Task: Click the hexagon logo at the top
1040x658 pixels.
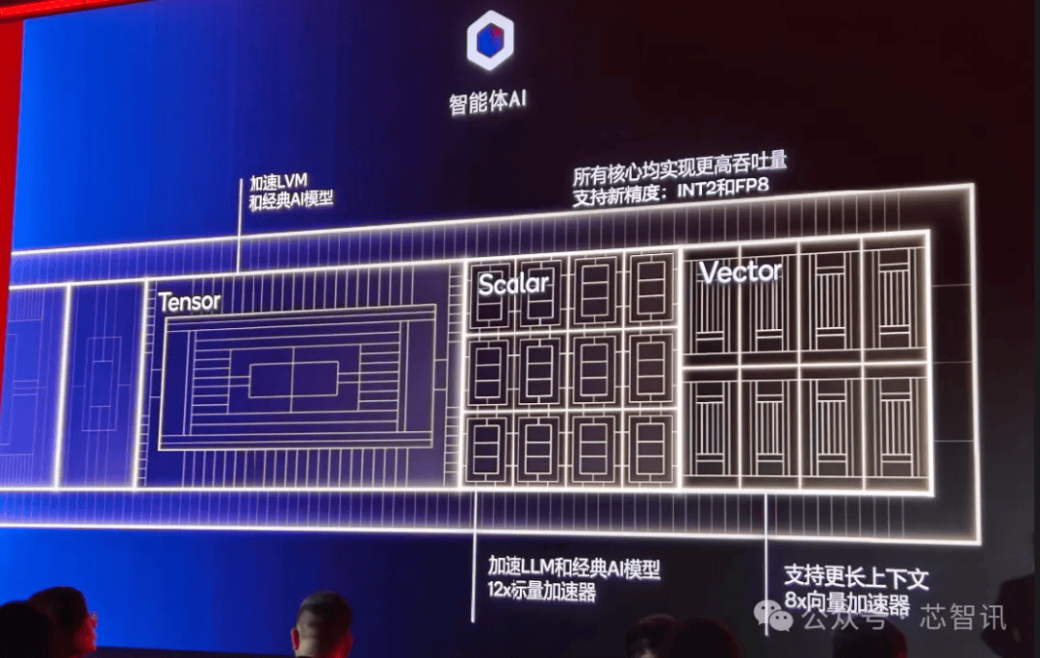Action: [490, 39]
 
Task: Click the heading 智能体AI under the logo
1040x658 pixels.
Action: [487, 101]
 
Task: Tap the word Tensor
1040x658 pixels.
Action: [190, 302]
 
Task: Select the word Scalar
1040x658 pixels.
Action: [513, 284]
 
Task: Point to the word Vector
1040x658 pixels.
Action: [741, 271]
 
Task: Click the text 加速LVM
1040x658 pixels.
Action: [278, 182]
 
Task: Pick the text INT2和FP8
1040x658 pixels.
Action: [723, 188]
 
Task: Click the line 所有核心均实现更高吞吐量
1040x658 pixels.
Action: [680, 168]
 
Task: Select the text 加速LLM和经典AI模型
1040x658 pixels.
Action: [574, 568]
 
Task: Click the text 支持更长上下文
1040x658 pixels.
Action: [856, 577]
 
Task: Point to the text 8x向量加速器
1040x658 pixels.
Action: [847, 603]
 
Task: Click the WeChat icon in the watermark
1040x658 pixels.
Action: [773, 617]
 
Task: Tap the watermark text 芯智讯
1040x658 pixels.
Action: [962, 618]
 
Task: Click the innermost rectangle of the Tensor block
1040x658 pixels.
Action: [293, 380]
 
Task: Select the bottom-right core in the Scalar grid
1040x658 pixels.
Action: [651, 449]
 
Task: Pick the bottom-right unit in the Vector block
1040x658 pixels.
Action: [896, 427]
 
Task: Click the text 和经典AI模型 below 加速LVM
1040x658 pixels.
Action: [291, 199]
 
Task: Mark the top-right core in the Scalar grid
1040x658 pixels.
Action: [651, 289]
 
